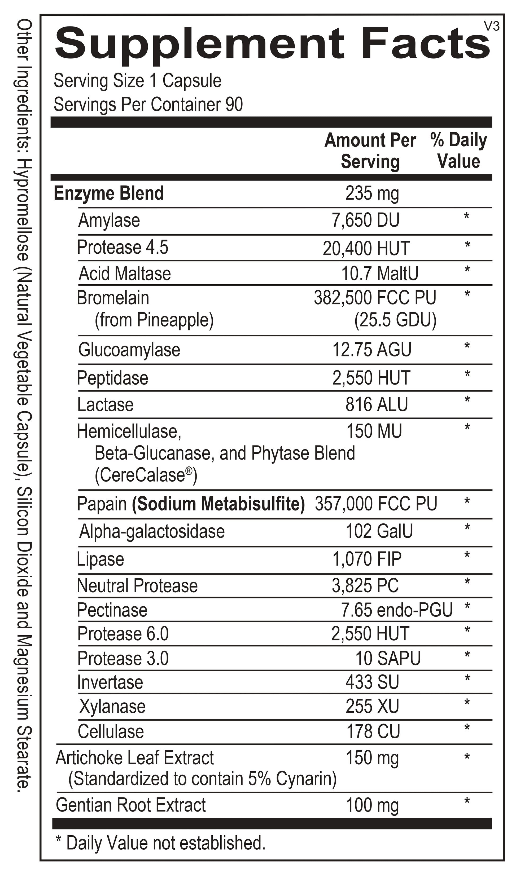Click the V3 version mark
coord(492,27)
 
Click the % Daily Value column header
coord(458,151)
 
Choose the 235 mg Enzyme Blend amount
coord(372,193)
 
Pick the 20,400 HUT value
coord(366,249)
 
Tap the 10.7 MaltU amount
coord(380,274)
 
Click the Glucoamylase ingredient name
coord(129,350)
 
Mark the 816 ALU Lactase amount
coord(377,404)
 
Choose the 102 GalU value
coord(379,531)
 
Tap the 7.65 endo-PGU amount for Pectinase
coord(397,610)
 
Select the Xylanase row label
coord(112,707)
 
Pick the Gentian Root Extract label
coord(131,805)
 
